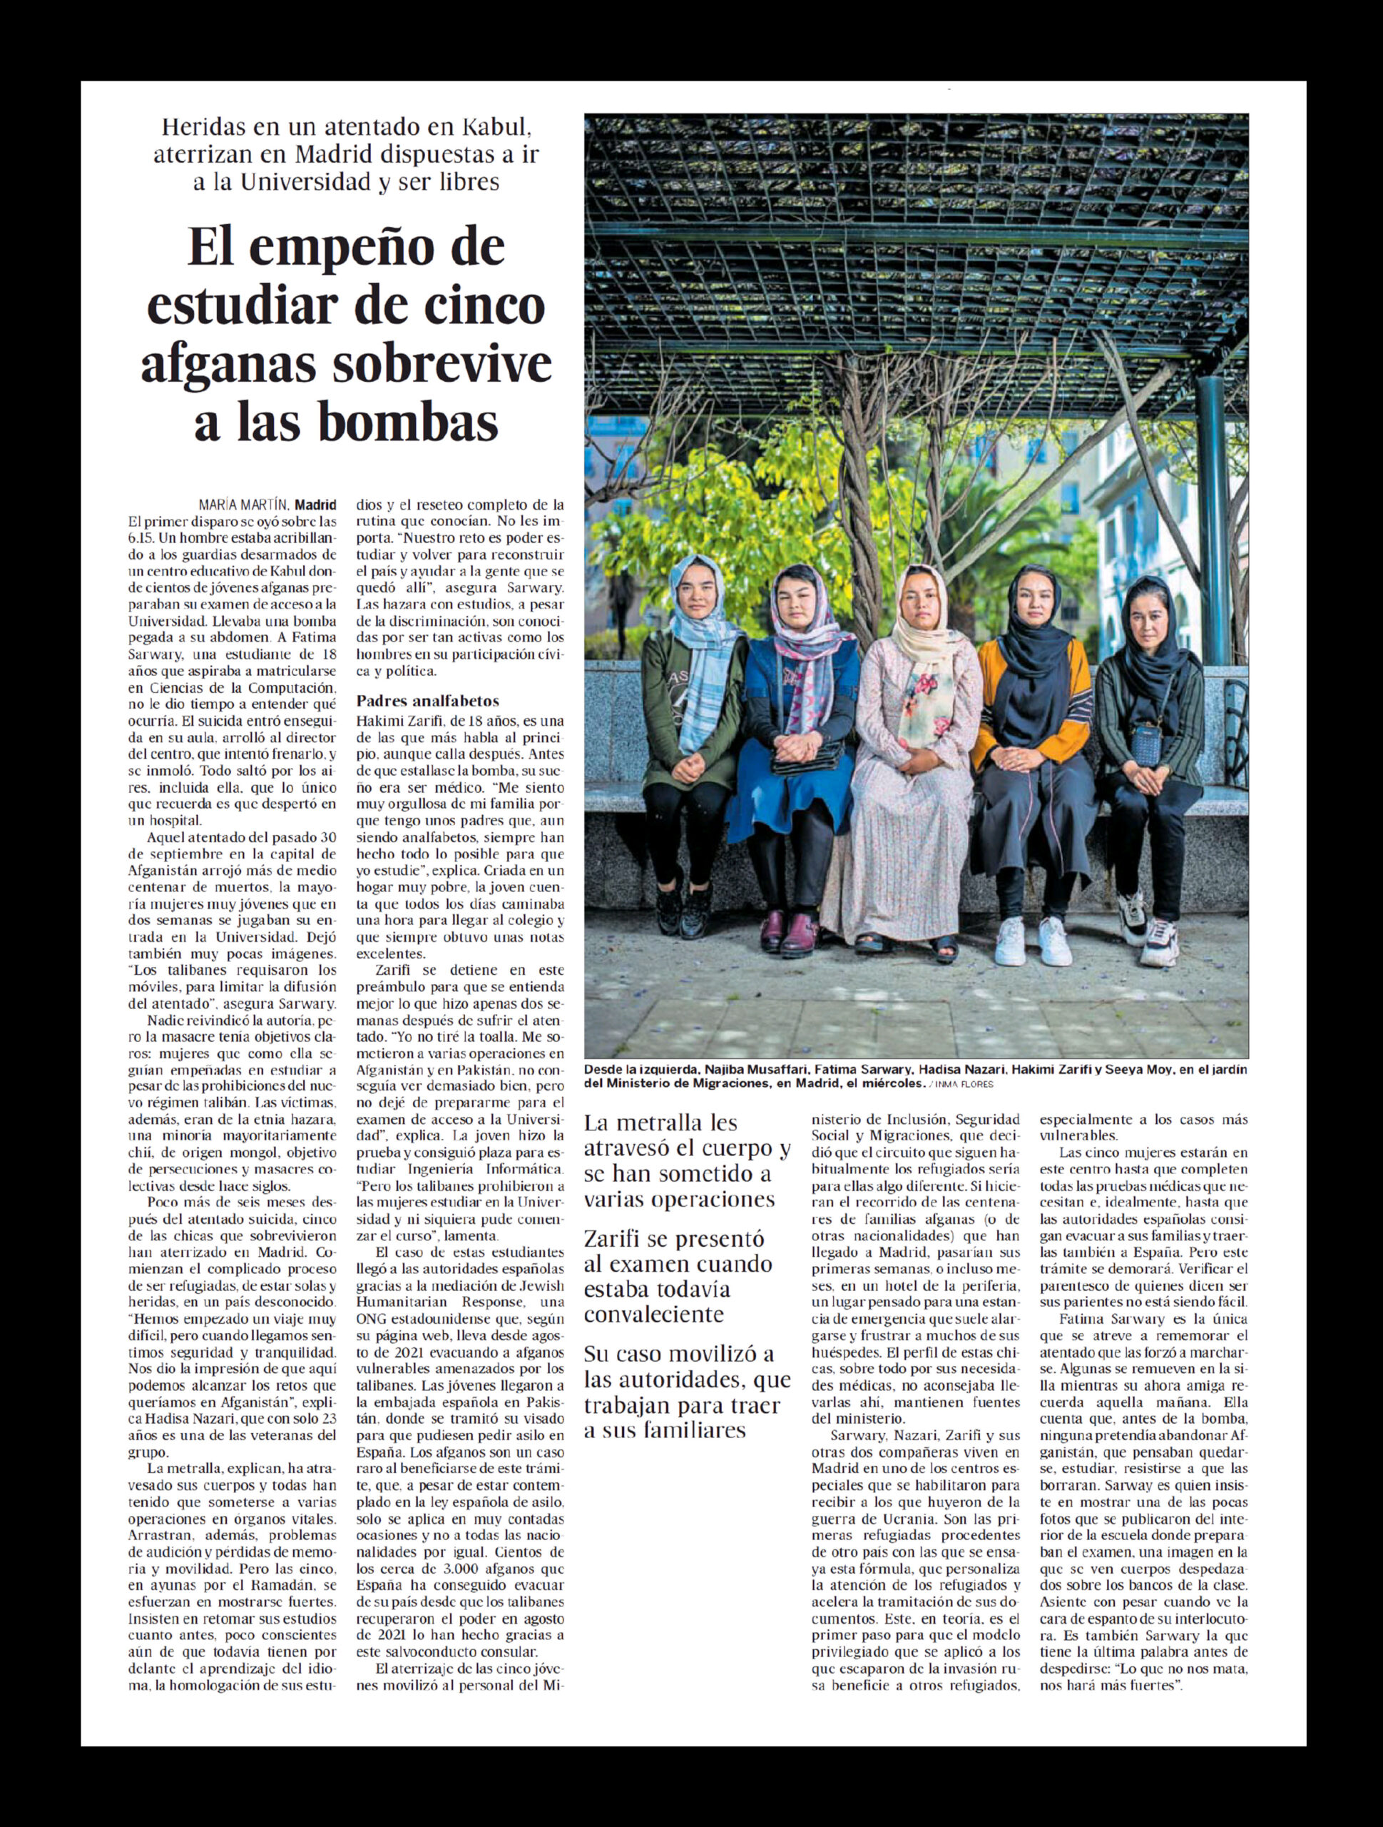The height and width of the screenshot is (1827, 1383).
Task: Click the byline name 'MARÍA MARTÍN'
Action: point(243,504)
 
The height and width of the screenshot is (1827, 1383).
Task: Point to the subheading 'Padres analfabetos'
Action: point(428,702)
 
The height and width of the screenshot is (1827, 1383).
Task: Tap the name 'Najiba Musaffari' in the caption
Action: point(750,1070)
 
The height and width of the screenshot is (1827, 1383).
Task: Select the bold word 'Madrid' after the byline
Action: point(315,504)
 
